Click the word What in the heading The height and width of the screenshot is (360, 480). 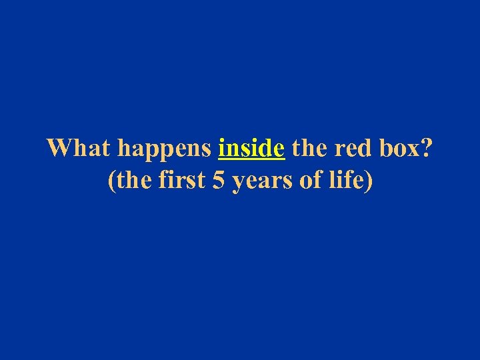(74, 147)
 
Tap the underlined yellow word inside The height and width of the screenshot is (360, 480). (251, 147)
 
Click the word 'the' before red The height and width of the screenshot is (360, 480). (308, 147)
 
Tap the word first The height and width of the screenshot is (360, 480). (181, 181)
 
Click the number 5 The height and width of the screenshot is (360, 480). (218, 181)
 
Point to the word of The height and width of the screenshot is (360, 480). (310, 181)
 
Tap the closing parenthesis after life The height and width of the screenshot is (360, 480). (368, 181)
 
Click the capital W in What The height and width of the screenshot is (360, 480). (59, 147)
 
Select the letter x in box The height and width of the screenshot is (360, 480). (412, 149)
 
